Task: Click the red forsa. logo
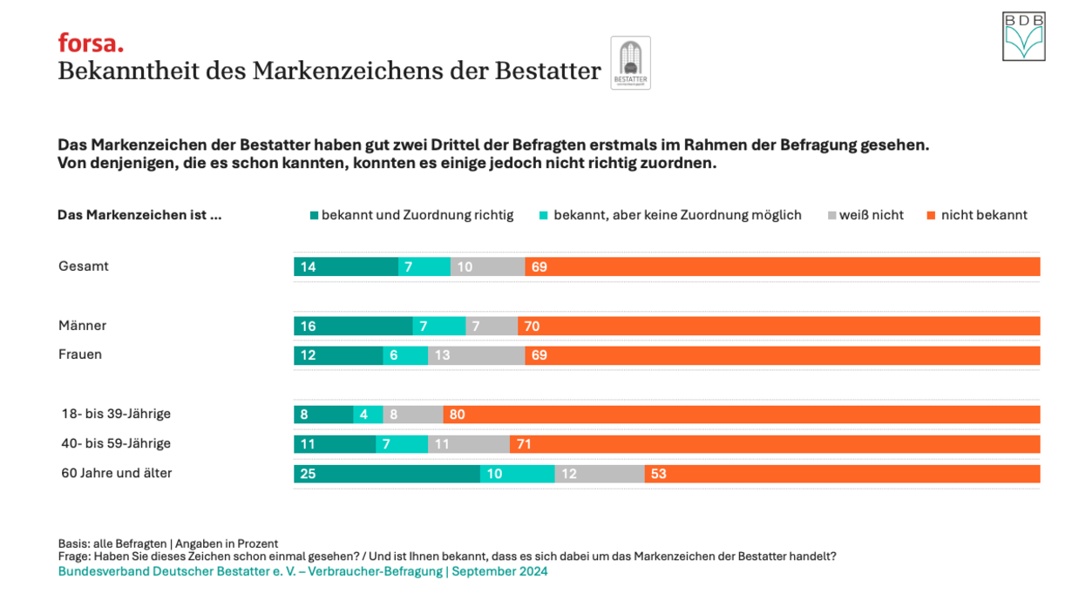[x=91, y=42]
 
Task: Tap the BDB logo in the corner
[x=1023, y=37]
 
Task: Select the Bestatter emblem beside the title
[x=630, y=63]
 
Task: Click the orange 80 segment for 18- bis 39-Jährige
[x=741, y=415]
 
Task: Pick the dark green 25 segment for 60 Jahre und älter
[x=386, y=474]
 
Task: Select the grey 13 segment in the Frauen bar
[x=476, y=355]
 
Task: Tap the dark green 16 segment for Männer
[x=353, y=326]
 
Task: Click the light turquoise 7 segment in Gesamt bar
[x=424, y=266]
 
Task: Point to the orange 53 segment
[x=842, y=474]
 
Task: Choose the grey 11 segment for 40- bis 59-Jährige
[x=469, y=444]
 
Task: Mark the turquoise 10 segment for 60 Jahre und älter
[x=517, y=474]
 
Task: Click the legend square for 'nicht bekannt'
[x=931, y=215]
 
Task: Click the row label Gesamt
[x=84, y=266]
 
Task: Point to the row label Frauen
[x=80, y=354]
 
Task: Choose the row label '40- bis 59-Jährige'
[x=116, y=443]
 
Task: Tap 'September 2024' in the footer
[x=499, y=571]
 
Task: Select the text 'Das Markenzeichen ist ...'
[x=139, y=215]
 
